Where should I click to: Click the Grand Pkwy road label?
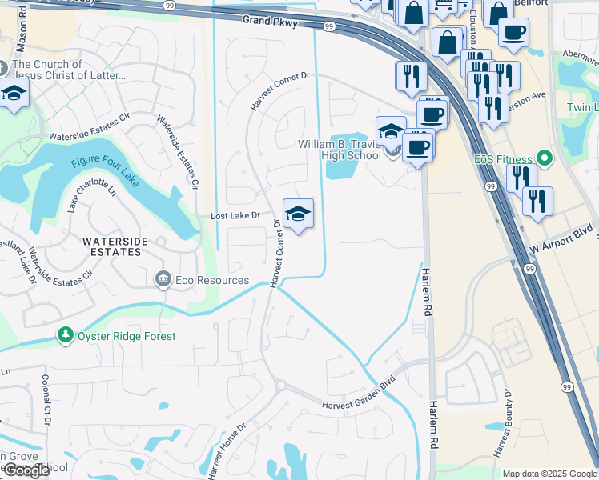tap(271, 23)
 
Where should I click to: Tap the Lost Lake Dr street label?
tap(235, 216)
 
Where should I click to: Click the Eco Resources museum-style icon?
tap(163, 279)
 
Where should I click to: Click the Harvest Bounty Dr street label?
tap(502, 422)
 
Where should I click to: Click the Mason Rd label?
tap(22, 28)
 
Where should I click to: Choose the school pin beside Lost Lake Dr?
tap(298, 214)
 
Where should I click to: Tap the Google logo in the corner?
tap(26, 470)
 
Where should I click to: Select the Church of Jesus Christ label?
tap(69, 70)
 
